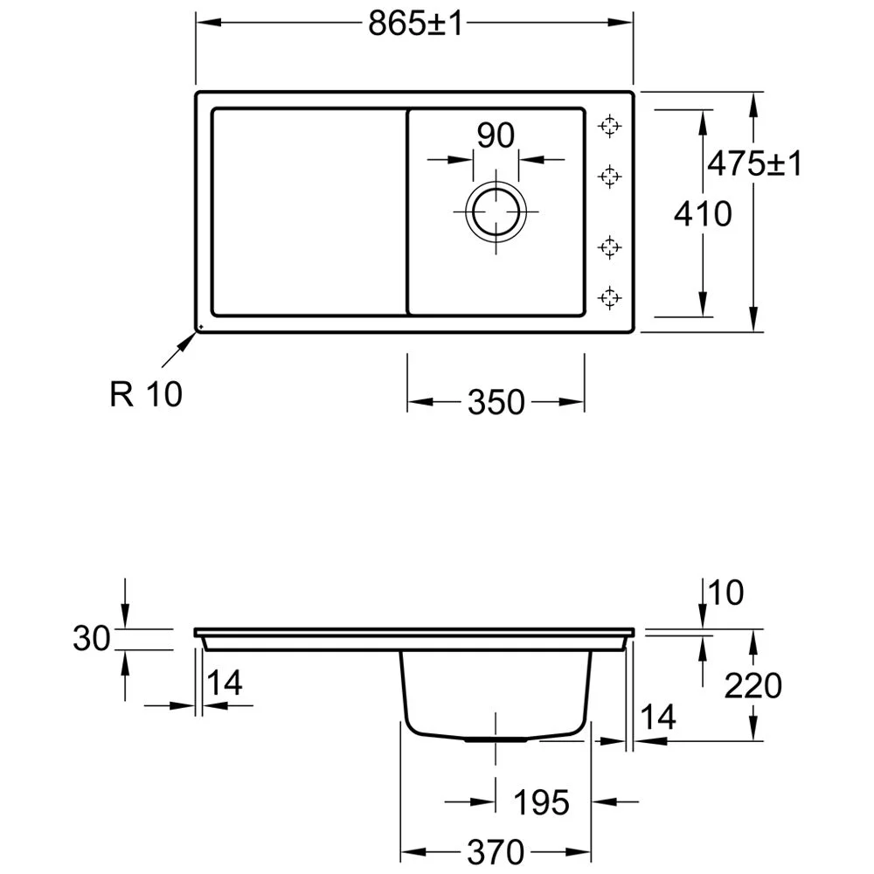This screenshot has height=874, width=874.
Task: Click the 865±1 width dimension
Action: tap(415, 24)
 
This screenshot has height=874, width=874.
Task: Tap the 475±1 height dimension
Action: tap(755, 164)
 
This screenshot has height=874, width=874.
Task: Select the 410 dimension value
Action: tap(703, 214)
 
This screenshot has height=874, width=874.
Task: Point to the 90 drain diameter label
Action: tap(496, 135)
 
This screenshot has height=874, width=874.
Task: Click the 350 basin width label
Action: tap(496, 402)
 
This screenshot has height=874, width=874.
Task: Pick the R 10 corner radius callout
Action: tap(146, 394)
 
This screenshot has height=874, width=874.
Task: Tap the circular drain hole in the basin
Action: tap(496, 212)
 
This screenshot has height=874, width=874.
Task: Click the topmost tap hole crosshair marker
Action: tap(609, 126)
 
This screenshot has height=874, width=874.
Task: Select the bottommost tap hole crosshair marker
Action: tap(609, 298)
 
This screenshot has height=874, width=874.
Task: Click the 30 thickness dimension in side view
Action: tap(92, 638)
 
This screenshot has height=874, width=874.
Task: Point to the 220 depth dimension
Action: tap(753, 685)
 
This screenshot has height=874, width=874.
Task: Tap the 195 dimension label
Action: tap(541, 802)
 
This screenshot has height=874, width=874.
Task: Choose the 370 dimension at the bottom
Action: tap(496, 851)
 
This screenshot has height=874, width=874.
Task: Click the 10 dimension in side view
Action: tap(725, 593)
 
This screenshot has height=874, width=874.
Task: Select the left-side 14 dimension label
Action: tap(225, 683)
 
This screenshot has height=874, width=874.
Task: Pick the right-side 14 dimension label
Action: tap(658, 717)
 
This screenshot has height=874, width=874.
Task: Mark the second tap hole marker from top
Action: tap(609, 177)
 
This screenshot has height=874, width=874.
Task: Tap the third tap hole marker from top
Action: tap(609, 247)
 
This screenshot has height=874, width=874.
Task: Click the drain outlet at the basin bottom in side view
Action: tap(496, 739)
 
